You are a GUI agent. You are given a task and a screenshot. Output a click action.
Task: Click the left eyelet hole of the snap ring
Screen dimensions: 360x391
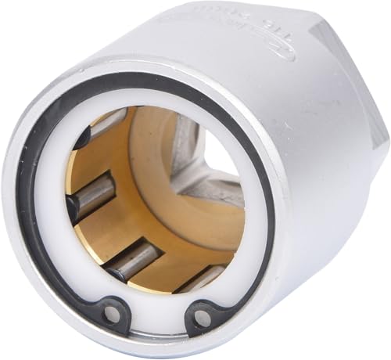coord(113,313)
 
